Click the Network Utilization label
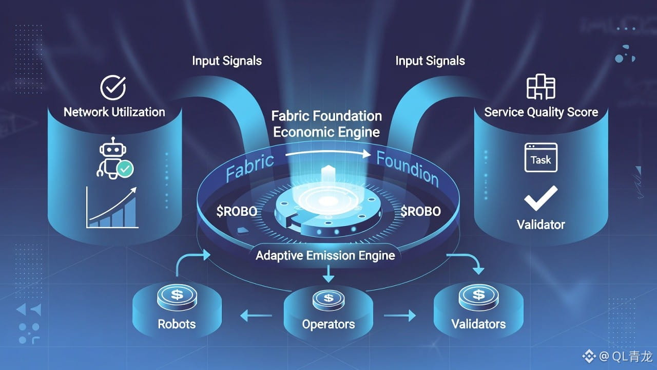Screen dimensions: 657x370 (114, 112)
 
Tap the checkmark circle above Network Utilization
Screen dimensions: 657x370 (113, 87)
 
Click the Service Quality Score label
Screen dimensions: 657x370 (541, 112)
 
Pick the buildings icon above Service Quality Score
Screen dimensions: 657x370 (541, 86)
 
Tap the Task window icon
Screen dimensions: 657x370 (540, 158)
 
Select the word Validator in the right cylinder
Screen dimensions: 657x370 (541, 225)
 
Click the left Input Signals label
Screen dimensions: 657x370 (227, 61)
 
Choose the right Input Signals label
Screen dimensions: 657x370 (430, 61)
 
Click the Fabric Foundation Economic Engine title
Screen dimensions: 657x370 (326, 124)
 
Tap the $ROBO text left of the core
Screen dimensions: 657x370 (237, 212)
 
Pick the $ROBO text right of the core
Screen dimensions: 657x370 (420, 211)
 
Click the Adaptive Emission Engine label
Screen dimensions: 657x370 (325, 255)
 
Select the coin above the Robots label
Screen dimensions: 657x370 (177, 295)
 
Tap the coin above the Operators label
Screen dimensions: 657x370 (328, 297)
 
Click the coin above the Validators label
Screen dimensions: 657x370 (478, 295)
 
